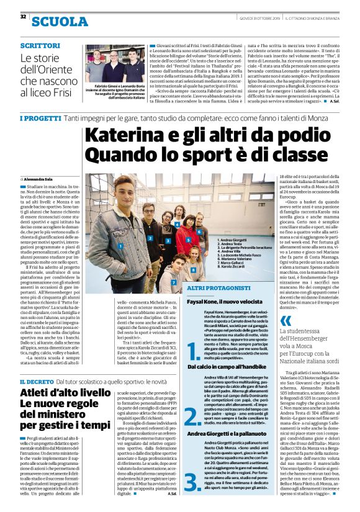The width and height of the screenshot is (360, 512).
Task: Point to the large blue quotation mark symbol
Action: point(286,321)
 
